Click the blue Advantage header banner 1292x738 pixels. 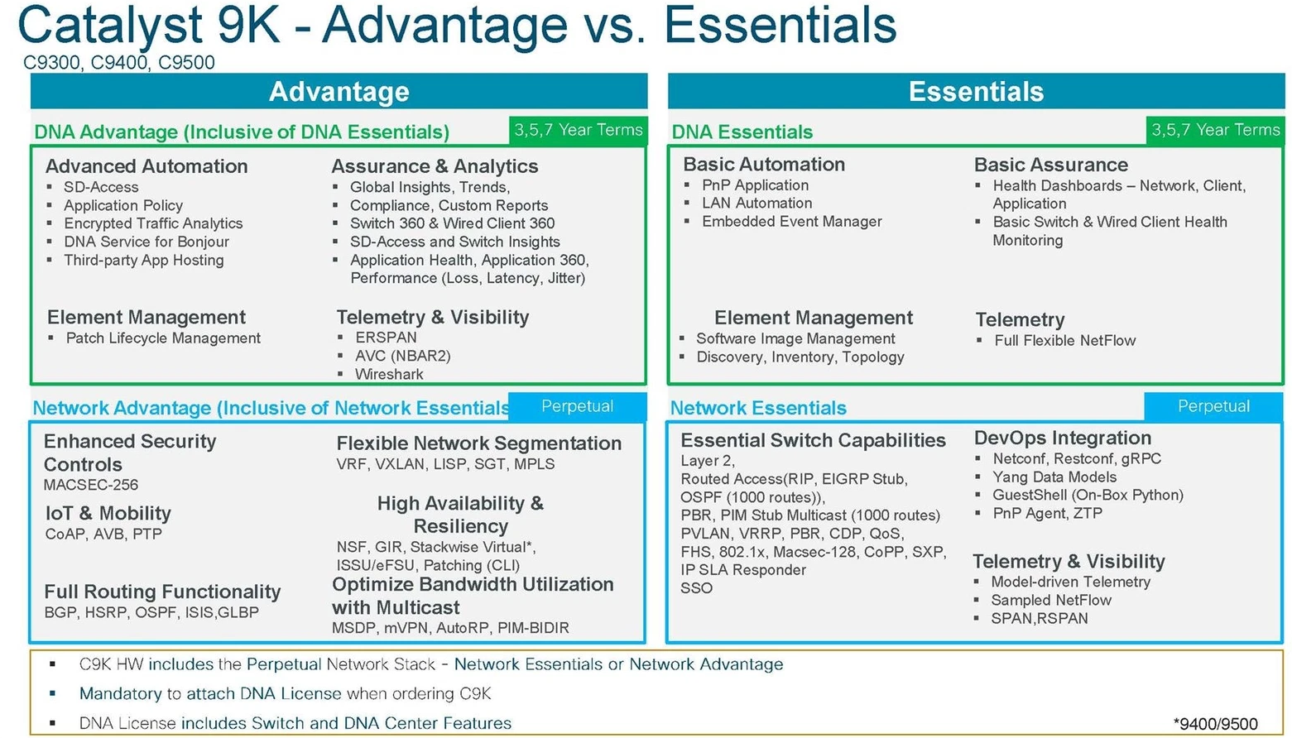(x=339, y=91)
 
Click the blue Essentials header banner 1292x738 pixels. (x=976, y=91)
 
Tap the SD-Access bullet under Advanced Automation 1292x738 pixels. (x=101, y=187)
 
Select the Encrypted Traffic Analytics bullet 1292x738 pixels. (x=153, y=223)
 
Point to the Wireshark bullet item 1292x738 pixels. (x=389, y=374)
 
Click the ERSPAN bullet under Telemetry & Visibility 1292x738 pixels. (x=386, y=338)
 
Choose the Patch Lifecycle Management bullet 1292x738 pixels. (x=163, y=338)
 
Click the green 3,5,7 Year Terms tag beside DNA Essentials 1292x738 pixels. (x=1215, y=130)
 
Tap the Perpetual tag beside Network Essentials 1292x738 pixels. (x=1213, y=406)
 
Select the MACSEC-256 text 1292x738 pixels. (x=91, y=485)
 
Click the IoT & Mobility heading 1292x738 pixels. (x=108, y=513)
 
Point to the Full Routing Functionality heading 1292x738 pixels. (x=162, y=592)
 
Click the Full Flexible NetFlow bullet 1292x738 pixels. (x=1064, y=340)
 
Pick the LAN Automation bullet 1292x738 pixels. (x=756, y=204)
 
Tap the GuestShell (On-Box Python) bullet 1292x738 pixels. (x=1088, y=495)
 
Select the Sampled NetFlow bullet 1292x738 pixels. (x=1051, y=600)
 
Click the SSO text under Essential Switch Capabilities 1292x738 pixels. (x=696, y=588)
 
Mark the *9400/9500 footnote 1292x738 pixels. (x=1215, y=724)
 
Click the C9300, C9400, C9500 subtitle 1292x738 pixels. (x=119, y=63)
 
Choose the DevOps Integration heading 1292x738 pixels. (x=1062, y=438)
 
